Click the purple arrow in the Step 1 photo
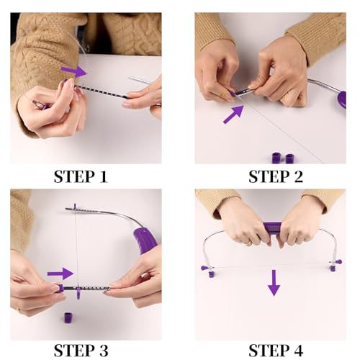pos(73,71)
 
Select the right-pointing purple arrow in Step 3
pos(60,274)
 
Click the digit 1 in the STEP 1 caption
pos(108,176)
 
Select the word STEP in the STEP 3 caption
pos(74,351)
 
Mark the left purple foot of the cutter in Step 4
pos(204,269)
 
